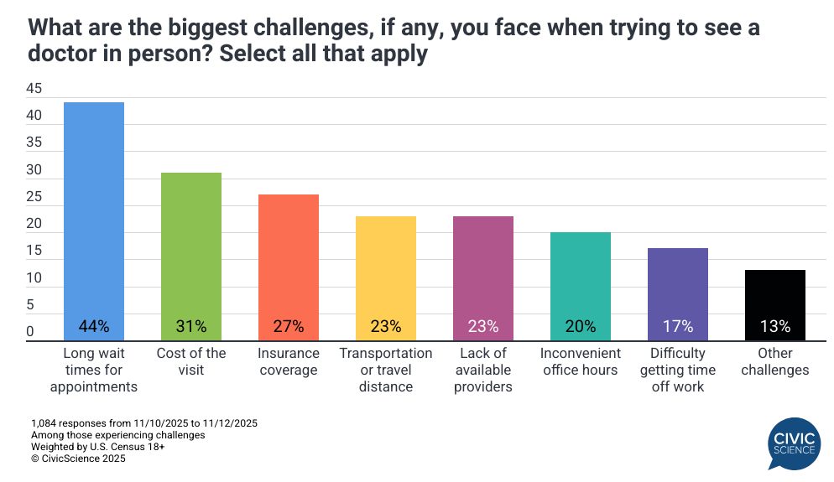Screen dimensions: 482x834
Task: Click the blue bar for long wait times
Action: click(94, 210)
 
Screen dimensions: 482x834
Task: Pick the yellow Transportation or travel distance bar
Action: click(386, 268)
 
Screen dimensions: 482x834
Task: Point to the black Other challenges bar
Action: click(775, 293)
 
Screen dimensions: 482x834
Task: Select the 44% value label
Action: click(94, 326)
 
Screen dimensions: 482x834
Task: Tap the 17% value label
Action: click(678, 326)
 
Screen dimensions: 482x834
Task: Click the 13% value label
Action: click(775, 326)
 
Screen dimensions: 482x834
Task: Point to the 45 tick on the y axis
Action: click(34, 88)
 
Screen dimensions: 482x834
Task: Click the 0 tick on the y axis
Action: click(29, 332)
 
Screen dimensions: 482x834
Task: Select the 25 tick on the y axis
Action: click(34, 196)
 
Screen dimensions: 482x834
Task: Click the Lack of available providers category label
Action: click(483, 370)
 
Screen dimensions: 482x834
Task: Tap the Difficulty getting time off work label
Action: click(678, 370)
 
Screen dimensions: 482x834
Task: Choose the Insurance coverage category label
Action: click(289, 361)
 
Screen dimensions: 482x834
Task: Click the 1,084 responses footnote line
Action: click(143, 423)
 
